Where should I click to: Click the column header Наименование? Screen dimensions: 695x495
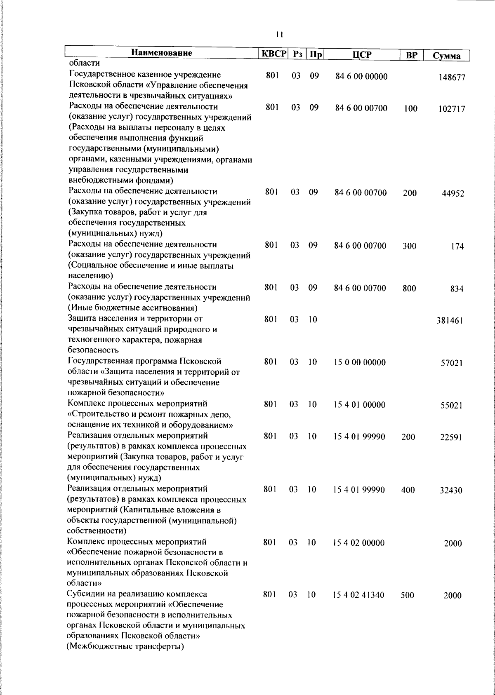click(162, 53)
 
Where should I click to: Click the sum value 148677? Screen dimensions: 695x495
click(452, 77)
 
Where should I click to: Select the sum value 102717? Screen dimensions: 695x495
click(452, 109)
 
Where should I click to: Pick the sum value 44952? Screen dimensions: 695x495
click(453, 193)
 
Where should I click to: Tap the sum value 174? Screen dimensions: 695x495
click(457, 247)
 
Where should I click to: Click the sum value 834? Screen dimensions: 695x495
click(457, 289)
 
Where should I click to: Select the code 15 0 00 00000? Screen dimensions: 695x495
click(360, 362)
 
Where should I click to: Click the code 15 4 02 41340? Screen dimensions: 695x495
click(358, 595)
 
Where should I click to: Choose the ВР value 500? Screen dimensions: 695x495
click(407, 595)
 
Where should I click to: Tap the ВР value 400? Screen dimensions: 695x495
click(408, 490)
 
